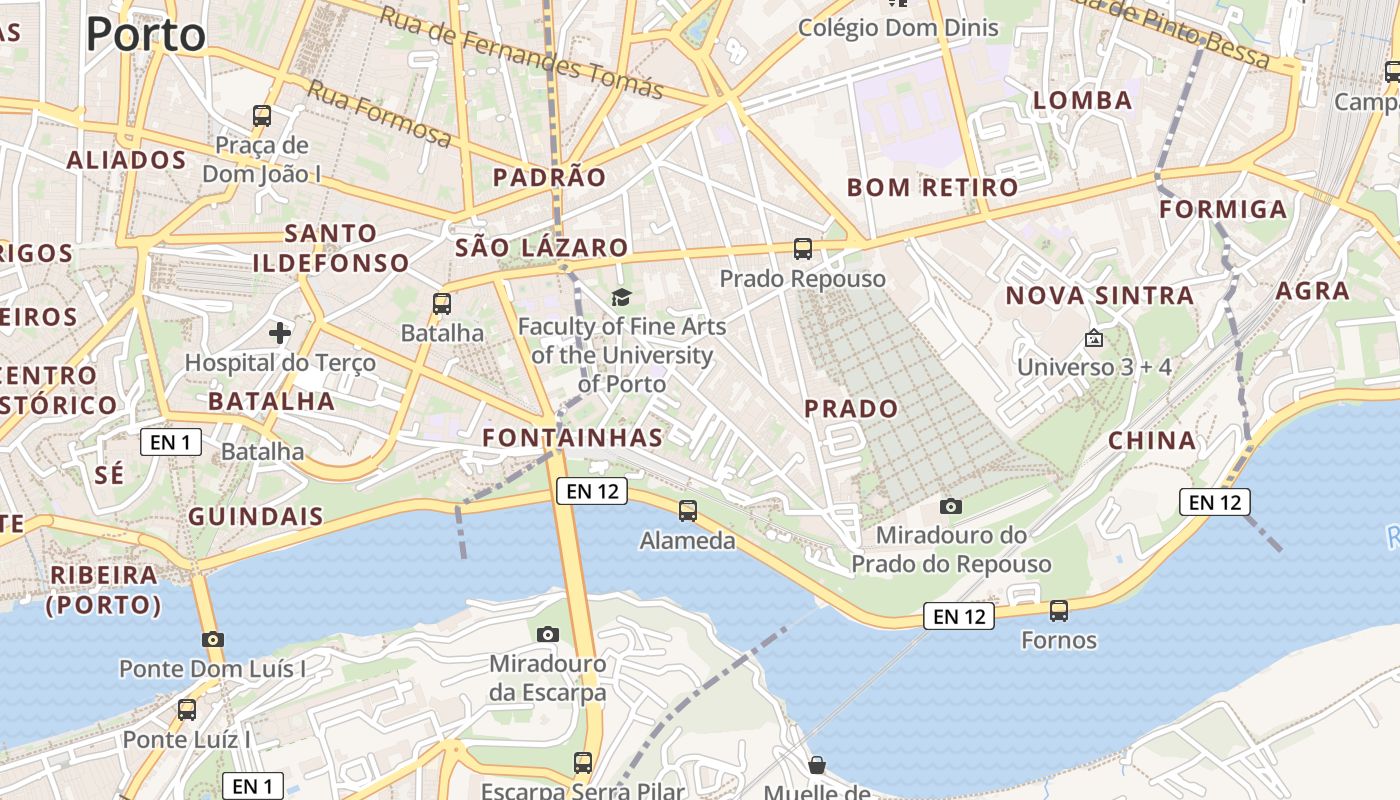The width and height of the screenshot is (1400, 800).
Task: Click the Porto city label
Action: [x=146, y=34]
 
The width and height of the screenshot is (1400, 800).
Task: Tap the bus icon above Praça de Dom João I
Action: [x=262, y=116]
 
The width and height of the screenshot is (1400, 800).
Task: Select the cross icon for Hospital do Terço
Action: [x=280, y=332]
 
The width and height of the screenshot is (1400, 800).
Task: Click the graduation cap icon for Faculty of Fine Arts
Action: [x=622, y=297]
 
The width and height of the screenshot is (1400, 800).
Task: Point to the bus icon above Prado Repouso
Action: [x=803, y=249]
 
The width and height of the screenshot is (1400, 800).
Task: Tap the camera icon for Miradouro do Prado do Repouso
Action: [x=951, y=506]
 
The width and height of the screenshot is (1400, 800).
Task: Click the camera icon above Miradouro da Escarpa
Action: [x=547, y=634]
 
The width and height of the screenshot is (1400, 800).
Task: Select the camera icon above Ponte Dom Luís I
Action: [x=212, y=639]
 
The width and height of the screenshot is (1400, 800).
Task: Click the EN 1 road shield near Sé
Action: [x=171, y=442]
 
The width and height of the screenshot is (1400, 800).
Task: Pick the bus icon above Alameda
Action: [x=688, y=511]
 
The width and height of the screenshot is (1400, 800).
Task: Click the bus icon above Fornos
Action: [x=1059, y=610]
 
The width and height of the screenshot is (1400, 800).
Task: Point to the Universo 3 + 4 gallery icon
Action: [x=1094, y=339]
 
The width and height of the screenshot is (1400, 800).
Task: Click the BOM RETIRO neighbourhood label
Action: [x=932, y=187]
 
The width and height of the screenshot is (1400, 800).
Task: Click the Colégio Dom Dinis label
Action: [x=897, y=27]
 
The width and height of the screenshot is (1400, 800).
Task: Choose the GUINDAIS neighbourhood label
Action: [x=256, y=517]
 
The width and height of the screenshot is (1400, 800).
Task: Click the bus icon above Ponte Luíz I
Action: [x=187, y=710]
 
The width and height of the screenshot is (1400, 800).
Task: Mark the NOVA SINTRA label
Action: [x=1099, y=295]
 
